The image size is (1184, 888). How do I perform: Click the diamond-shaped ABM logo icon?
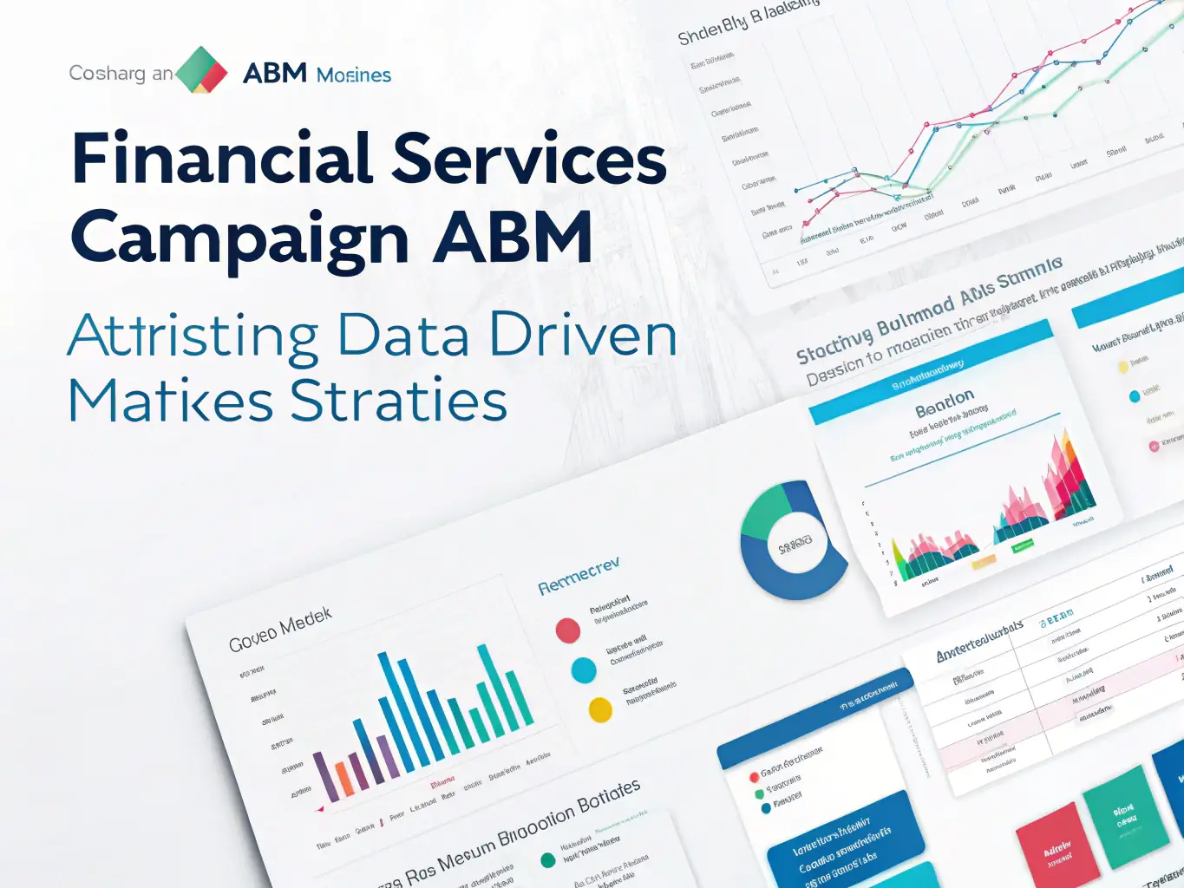(201, 70)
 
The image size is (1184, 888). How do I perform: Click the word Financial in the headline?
(222, 159)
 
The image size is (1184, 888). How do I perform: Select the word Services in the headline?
(529, 159)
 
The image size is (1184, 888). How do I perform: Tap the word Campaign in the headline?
(240, 238)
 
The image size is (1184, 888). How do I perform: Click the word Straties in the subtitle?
(398, 401)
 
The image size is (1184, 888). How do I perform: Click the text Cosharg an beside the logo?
(121, 74)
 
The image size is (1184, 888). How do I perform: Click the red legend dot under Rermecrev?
(568, 630)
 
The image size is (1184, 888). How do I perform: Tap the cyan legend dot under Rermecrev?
(584, 670)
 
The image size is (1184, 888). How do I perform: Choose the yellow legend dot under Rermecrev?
(600, 709)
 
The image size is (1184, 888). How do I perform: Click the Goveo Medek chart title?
(280, 630)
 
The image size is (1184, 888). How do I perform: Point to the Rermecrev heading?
(579, 576)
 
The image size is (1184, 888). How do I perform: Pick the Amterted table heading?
(979, 643)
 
